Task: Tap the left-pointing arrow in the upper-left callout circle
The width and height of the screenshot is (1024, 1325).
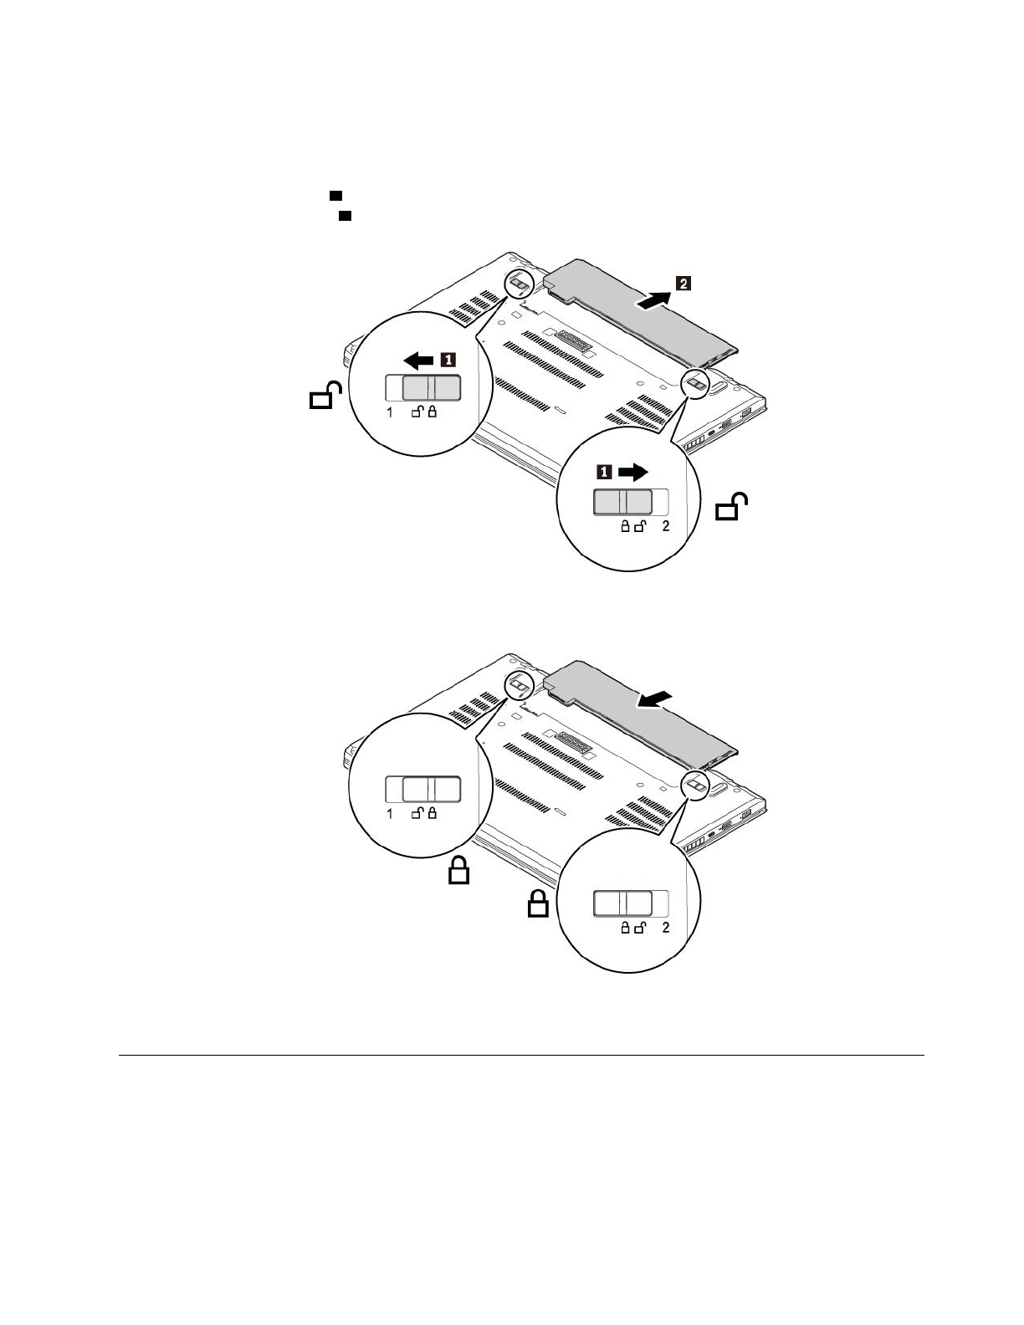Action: (x=417, y=361)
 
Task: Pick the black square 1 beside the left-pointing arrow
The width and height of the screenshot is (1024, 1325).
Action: (x=448, y=361)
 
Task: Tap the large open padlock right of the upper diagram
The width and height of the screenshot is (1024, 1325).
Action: (x=731, y=508)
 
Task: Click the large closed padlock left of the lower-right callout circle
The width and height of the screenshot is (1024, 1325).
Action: (x=537, y=904)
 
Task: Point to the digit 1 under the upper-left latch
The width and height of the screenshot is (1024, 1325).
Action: (x=390, y=412)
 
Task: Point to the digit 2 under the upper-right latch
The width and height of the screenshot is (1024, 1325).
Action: (x=666, y=526)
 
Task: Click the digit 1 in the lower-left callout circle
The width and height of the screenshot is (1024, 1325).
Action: (x=390, y=814)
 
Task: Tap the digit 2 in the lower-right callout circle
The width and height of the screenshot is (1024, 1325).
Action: (x=666, y=928)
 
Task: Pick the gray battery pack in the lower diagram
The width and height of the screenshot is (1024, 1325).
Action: (x=636, y=707)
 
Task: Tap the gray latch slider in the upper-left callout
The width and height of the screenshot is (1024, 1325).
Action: (x=432, y=388)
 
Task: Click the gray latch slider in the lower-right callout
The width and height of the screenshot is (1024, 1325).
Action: (x=622, y=903)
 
